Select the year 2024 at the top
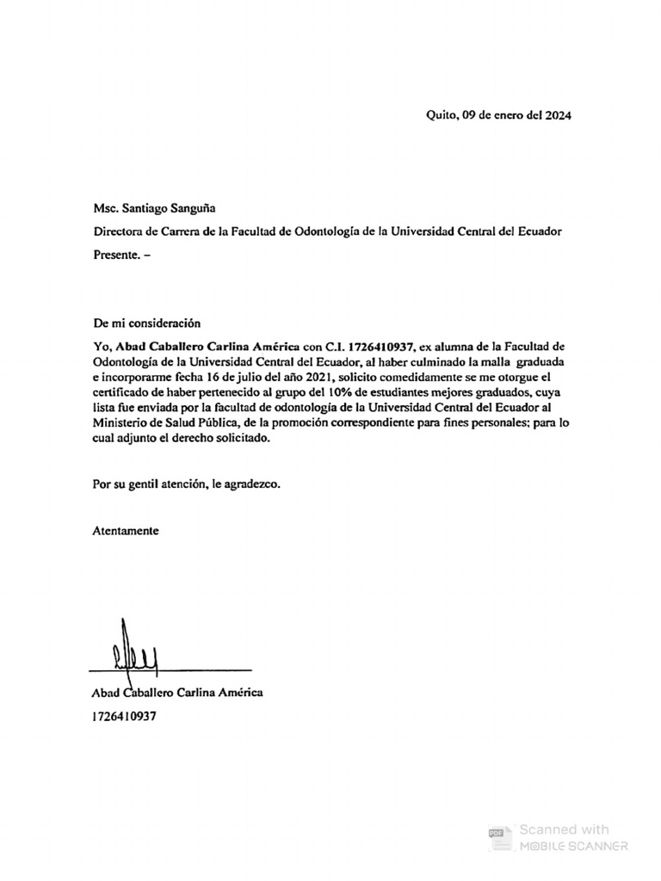coord(557,114)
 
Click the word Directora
coord(119,231)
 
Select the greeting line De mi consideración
coord(146,323)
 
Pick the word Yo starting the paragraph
coord(102,346)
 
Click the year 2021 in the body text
coord(316,378)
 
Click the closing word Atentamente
coord(126,531)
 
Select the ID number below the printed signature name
coord(124,715)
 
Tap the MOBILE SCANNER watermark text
coord(572,847)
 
